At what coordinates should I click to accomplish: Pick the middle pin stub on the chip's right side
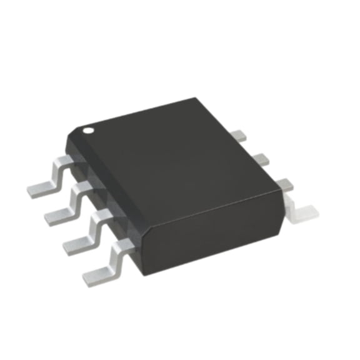click(x=261, y=159)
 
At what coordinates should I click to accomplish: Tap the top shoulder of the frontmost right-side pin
click(x=286, y=184)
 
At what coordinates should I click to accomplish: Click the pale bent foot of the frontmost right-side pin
click(x=303, y=212)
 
